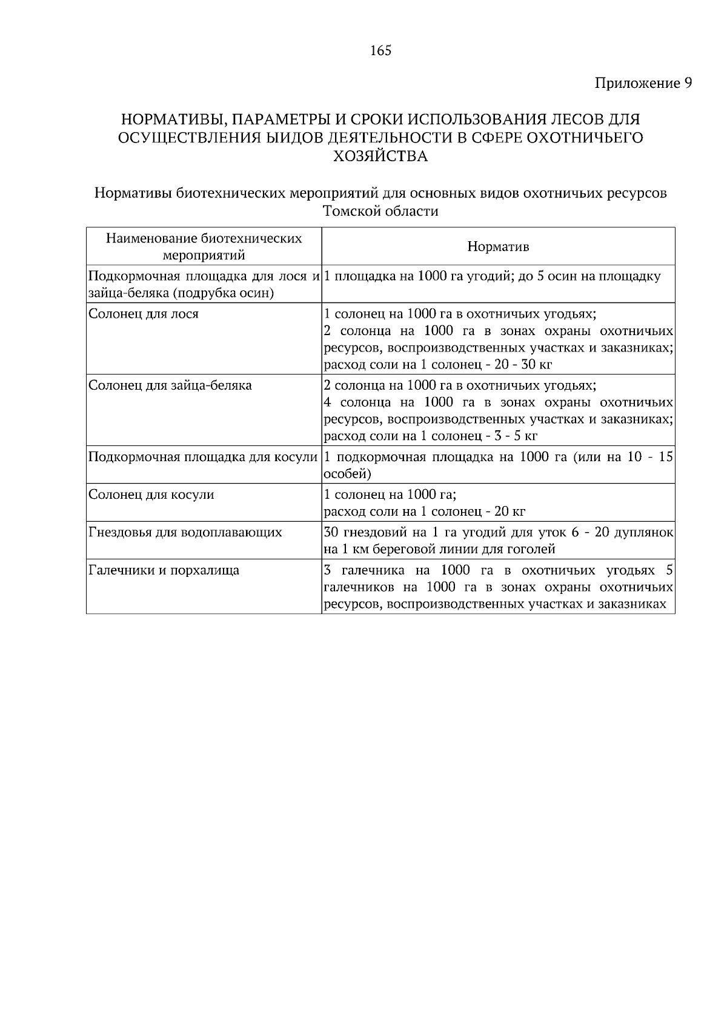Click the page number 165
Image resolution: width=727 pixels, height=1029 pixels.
tap(380, 51)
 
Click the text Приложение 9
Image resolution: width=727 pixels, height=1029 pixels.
tap(643, 83)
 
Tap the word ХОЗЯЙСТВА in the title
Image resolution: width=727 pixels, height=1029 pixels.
tap(380, 157)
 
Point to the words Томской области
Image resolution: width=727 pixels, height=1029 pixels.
tap(380, 211)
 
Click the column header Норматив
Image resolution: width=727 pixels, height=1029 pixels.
tap(498, 247)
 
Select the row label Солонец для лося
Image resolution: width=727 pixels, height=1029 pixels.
tap(144, 314)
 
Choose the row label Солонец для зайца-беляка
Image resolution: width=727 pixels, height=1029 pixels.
tap(170, 385)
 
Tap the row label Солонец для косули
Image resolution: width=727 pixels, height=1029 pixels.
tap(151, 495)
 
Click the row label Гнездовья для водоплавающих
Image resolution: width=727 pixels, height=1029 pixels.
tap(185, 533)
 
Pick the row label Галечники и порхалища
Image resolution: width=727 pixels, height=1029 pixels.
tap(164, 570)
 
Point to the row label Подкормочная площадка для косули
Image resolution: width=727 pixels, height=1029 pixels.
tap(203, 457)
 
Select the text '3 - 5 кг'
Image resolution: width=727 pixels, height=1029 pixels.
tap(513, 436)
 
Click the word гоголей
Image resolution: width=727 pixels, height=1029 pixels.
tap(530, 550)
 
